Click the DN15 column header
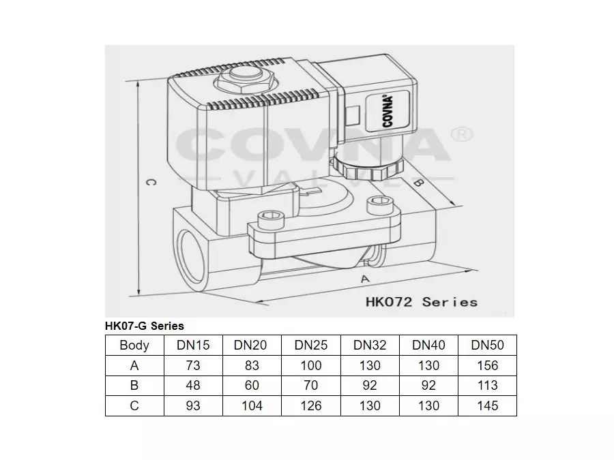pyautogui.click(x=192, y=346)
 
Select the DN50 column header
pyautogui.click(x=487, y=346)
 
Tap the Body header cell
pyautogui.click(x=134, y=346)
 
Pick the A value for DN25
pyautogui.click(x=311, y=365)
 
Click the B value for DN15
pyautogui.click(x=192, y=385)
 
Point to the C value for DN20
pyautogui.click(x=252, y=405)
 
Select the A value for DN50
pyautogui.click(x=487, y=365)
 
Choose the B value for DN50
pyautogui.click(x=487, y=385)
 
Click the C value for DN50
pyautogui.click(x=487, y=405)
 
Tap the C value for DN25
pyautogui.click(x=311, y=405)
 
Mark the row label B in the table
pyautogui.click(x=134, y=385)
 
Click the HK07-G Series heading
pyautogui.click(x=145, y=326)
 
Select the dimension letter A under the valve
pyautogui.click(x=364, y=279)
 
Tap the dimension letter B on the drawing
pyautogui.click(x=421, y=183)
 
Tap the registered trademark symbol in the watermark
pyautogui.click(x=463, y=133)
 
